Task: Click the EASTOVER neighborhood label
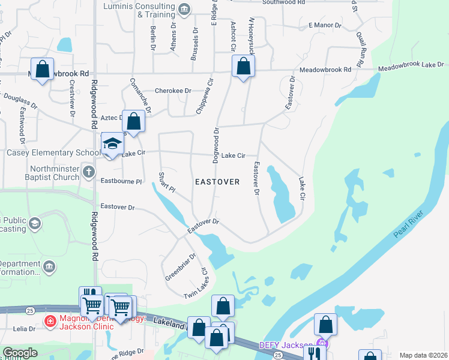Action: (217, 181)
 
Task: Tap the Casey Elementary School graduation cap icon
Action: (112, 144)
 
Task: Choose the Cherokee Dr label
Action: (173, 91)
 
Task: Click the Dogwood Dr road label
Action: (215, 146)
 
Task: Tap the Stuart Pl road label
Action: (166, 182)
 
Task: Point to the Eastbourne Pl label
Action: (121, 181)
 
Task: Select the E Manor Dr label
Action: (324, 26)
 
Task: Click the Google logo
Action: (20, 353)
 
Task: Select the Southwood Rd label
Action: (285, 2)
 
